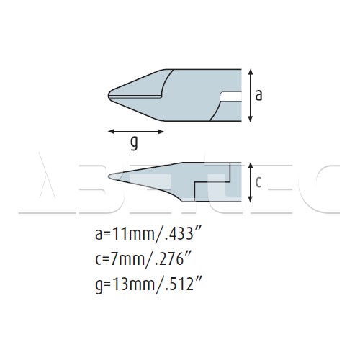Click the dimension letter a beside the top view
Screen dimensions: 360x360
258,96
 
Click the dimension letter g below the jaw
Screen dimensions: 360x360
134,143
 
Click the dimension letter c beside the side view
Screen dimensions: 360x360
258,182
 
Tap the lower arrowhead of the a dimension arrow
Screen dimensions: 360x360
251,119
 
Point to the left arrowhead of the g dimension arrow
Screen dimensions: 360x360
111,131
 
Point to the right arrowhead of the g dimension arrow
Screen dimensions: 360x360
161,131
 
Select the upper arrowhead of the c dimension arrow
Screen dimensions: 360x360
251,166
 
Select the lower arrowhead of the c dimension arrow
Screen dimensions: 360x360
251,199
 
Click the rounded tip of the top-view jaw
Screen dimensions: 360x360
109,95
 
